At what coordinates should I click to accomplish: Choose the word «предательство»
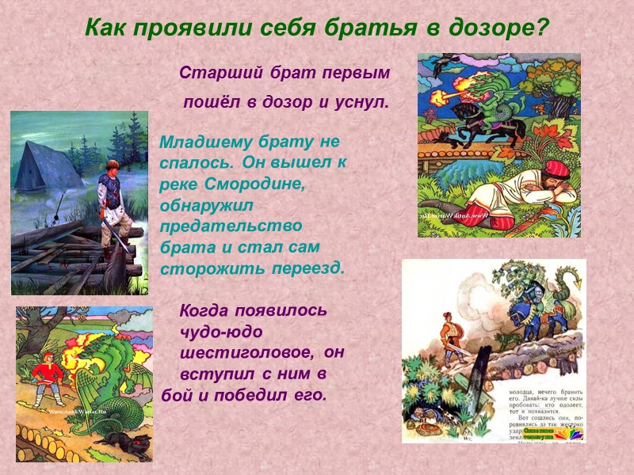click(226, 226)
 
